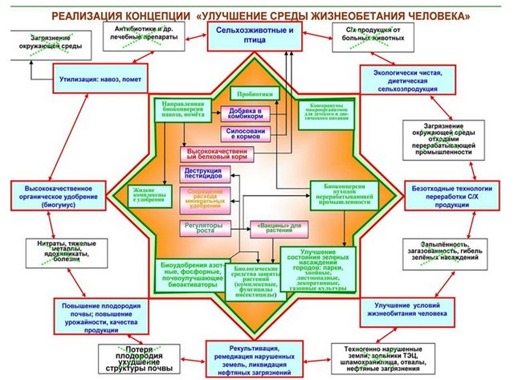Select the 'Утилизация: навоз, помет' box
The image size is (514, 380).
[x=99, y=80]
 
